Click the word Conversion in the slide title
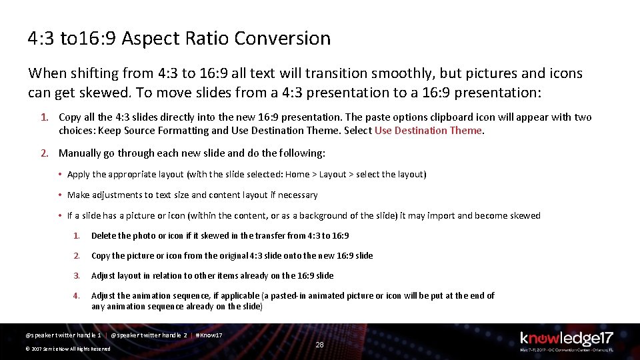[290, 39]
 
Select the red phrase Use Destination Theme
[427, 131]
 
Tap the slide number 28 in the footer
[319, 345]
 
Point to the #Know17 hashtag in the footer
[209, 335]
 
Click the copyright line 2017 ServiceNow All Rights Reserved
[67, 349]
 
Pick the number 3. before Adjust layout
[77, 275]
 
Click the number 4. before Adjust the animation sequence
[77, 295]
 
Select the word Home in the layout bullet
[297, 175]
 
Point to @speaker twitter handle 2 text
[149, 335]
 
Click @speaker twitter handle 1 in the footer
[63, 335]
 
